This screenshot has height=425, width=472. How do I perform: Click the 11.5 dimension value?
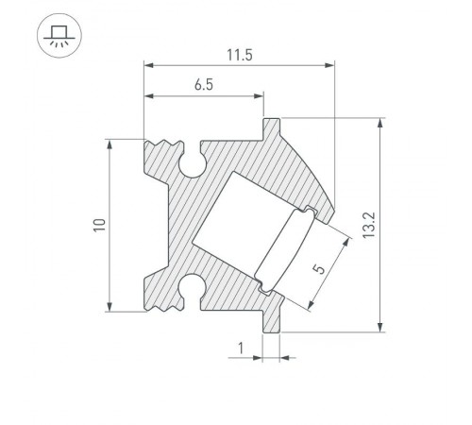pos(239,55)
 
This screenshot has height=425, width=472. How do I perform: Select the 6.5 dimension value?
pos(203,86)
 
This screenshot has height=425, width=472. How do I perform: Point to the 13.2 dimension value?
pos(396,225)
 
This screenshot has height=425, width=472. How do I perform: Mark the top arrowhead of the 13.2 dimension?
pos(380,122)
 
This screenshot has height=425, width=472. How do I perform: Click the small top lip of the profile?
pos(272,125)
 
